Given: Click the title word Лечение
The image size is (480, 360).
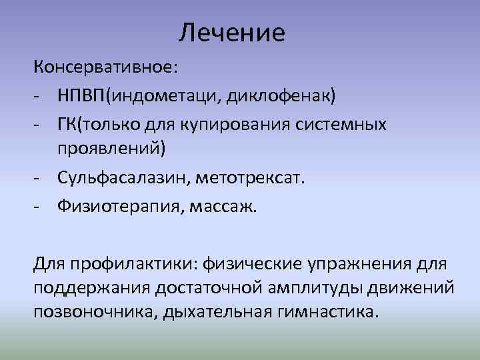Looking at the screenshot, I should (x=232, y=32).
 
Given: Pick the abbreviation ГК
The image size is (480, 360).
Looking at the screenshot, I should (x=67, y=124).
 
